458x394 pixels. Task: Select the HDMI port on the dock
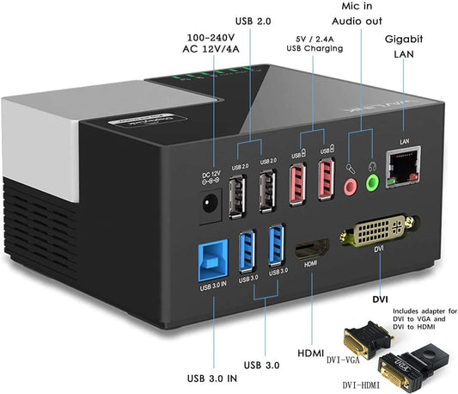pyautogui.click(x=310, y=250)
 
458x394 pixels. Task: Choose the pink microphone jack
pyautogui.click(x=350, y=185)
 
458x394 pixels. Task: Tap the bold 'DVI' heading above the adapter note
pyautogui.click(x=379, y=299)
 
